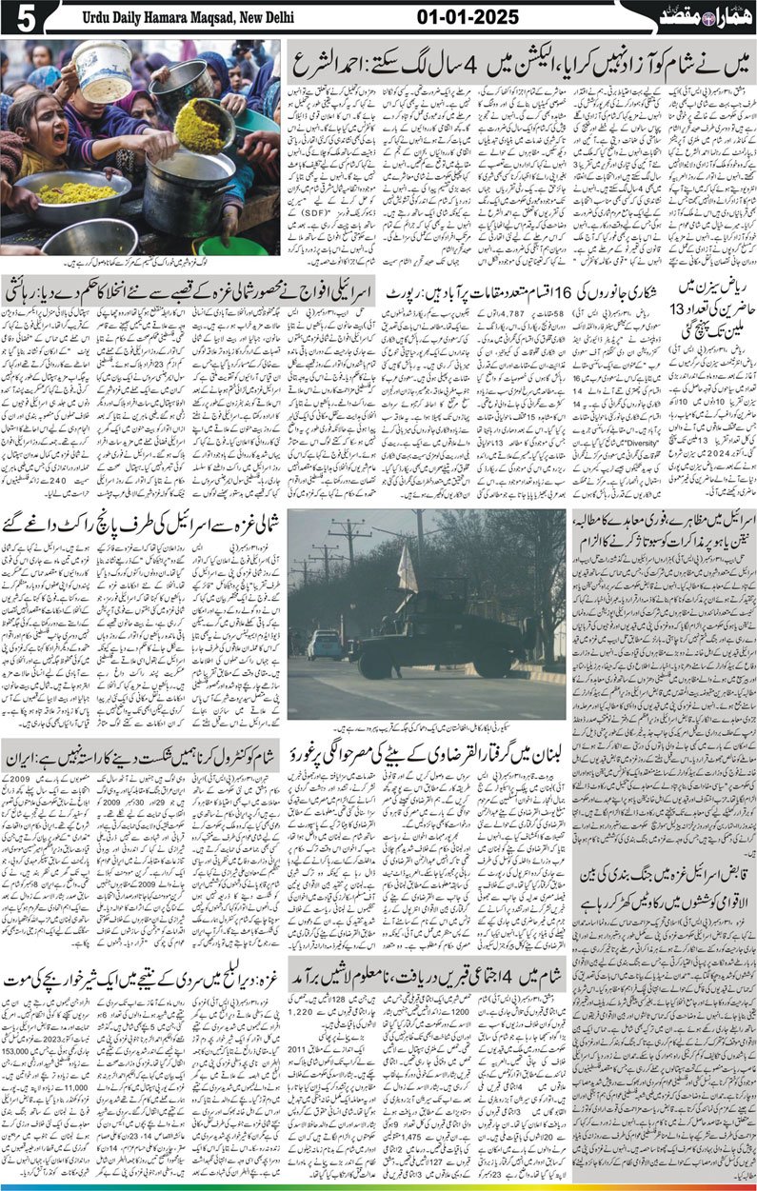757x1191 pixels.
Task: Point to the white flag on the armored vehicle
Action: pyautogui.click(x=408, y=572)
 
